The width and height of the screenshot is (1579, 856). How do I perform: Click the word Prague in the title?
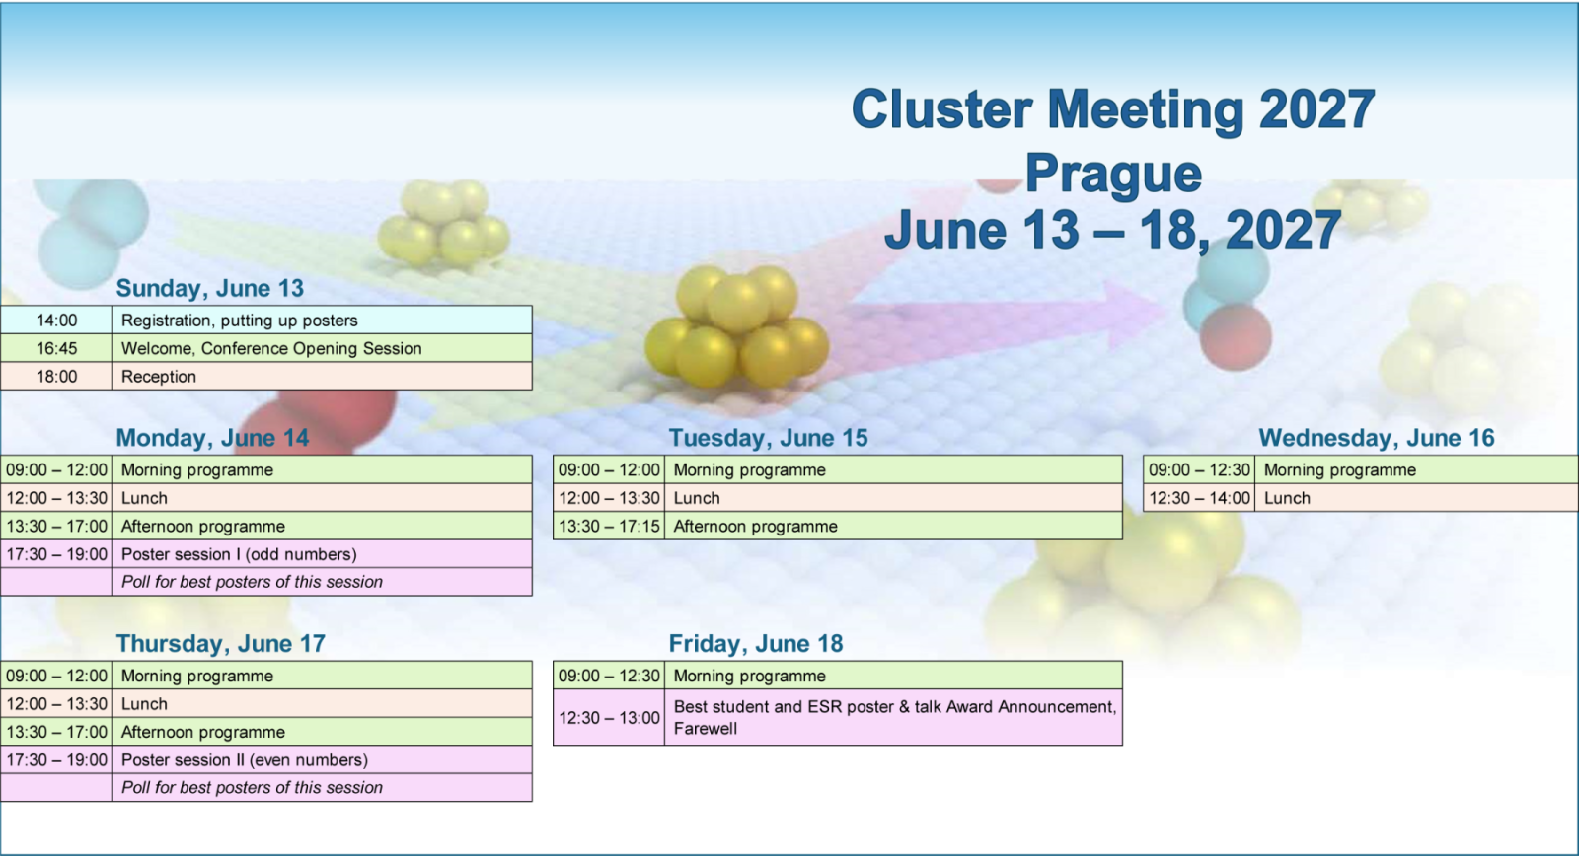point(1113,174)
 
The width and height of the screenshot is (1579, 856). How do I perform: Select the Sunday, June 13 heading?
point(209,288)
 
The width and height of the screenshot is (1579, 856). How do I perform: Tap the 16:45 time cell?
point(56,348)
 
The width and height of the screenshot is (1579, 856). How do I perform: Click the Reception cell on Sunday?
point(322,376)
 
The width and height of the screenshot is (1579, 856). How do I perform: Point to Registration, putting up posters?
point(240,321)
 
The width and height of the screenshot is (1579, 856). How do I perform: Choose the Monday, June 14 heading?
point(212,438)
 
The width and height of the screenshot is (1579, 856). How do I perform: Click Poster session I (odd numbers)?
point(239,554)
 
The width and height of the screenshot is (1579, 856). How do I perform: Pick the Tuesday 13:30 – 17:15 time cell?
point(609,527)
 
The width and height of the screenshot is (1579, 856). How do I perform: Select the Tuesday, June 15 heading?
point(768,438)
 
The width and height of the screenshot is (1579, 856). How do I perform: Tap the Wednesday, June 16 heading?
point(1376,438)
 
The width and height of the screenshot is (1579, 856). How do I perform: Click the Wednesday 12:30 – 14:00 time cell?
point(1199,498)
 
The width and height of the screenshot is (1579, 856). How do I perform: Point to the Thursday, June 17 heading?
point(221,643)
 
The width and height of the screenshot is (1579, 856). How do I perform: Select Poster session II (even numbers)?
point(245,760)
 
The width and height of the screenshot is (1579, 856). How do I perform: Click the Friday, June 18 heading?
point(756,643)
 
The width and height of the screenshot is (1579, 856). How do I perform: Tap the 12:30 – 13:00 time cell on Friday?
point(609,717)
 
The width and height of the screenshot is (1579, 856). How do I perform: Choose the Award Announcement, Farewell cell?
point(894,717)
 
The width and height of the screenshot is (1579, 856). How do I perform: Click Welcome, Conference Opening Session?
point(271,349)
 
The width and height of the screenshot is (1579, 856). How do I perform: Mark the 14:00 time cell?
point(56,320)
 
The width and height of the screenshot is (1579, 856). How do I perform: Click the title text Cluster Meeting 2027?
point(1113,109)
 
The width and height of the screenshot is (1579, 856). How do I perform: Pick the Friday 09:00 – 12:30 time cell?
point(609,676)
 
